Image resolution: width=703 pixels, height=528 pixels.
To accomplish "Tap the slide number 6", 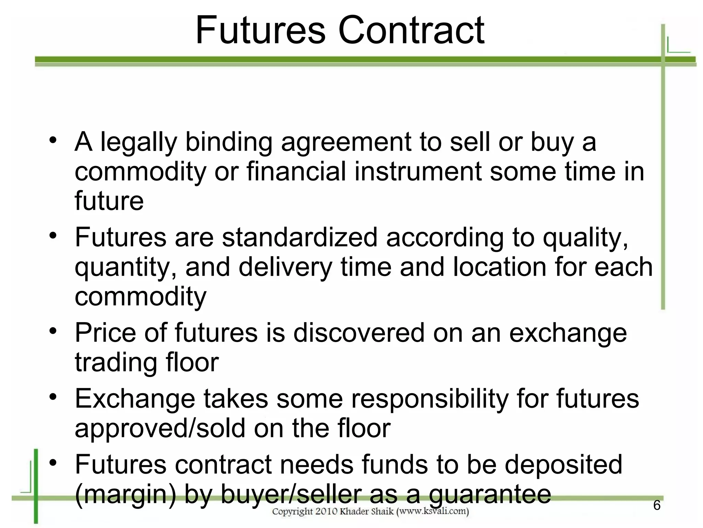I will click(657, 505).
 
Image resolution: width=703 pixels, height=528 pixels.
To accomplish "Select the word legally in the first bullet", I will click(139, 143).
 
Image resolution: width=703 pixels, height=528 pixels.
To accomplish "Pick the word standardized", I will click(300, 237).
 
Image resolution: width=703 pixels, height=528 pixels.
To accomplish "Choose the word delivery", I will click(285, 267).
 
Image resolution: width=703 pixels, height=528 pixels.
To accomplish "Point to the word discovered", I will click(359, 333).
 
